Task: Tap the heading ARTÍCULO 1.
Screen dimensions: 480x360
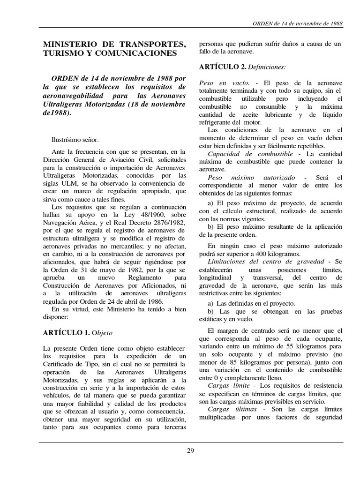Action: pyautogui.click(x=66, y=332)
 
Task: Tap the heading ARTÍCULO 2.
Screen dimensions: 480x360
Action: pyautogui.click(x=222, y=67)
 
